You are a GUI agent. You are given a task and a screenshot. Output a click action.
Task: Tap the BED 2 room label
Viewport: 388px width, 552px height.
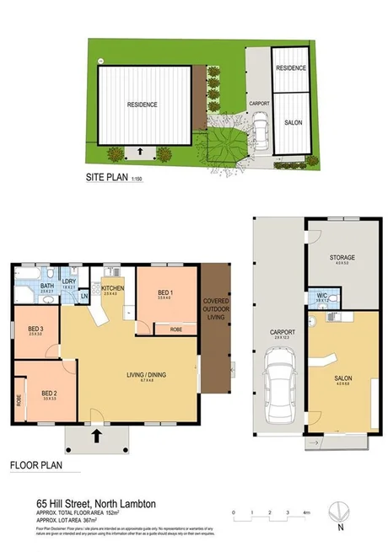pos(50,392)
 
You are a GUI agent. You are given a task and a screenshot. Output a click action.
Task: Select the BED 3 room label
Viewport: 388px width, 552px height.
pos(35,329)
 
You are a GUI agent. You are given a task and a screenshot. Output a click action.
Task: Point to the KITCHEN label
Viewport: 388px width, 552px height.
pos(115,287)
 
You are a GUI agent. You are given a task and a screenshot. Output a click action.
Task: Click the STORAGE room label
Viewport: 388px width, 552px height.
pos(342,257)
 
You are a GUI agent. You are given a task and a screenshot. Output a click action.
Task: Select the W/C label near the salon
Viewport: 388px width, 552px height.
pos(321,295)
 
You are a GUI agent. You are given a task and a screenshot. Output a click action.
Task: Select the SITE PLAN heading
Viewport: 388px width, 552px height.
pos(106,178)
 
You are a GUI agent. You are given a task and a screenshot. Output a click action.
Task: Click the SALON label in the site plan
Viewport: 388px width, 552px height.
pos(291,123)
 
